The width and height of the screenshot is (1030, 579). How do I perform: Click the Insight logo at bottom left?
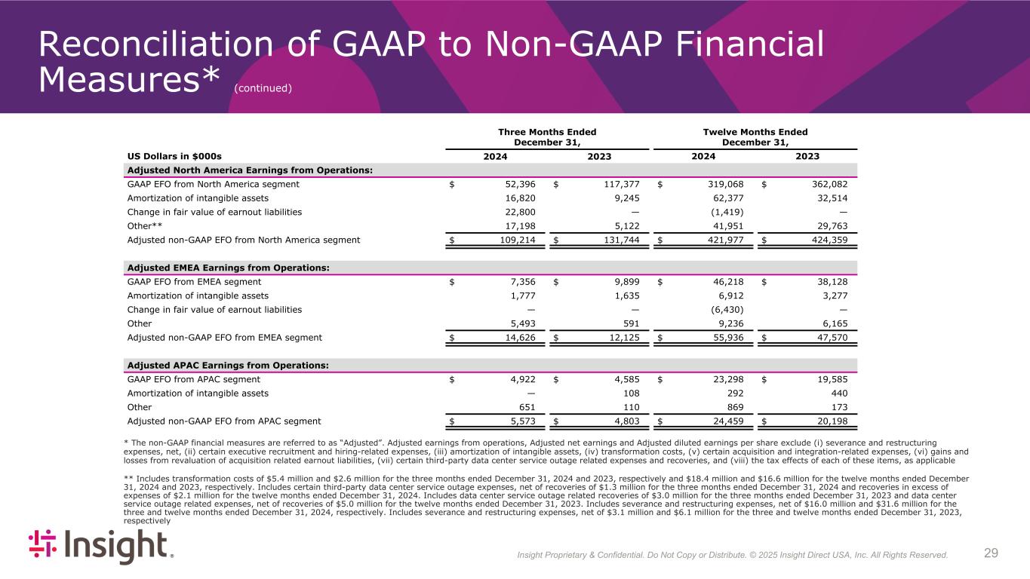[101, 547]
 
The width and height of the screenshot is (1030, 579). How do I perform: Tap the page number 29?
[991, 554]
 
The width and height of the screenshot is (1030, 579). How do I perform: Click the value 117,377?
[619, 184]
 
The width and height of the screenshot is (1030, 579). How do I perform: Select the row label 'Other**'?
[146, 226]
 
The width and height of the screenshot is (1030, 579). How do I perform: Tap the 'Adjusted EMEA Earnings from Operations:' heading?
[229, 268]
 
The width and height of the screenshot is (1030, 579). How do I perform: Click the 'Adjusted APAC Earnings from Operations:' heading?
[228, 366]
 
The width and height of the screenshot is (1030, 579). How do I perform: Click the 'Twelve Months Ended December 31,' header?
[755, 137]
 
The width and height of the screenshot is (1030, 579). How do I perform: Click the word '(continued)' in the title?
[263, 88]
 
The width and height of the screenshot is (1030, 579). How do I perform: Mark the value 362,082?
[826, 184]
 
